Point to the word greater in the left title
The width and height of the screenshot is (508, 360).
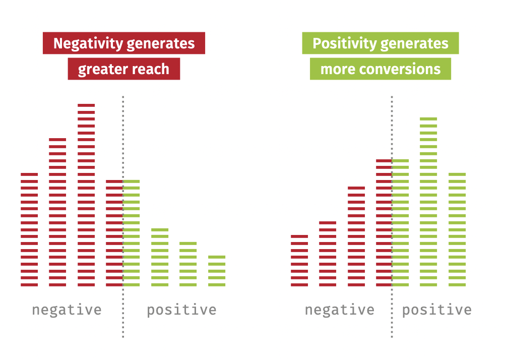pos(102,69)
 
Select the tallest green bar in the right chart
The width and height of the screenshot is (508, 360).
pos(428,202)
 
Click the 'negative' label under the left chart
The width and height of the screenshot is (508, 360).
pos(67,310)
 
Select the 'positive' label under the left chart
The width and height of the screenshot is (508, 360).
pos(181,310)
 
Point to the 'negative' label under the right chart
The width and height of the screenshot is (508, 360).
pos(339,310)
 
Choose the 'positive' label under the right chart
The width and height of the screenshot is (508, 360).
pos(436,310)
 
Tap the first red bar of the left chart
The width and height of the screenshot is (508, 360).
pos(29,229)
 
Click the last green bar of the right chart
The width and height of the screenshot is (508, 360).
pos(457,229)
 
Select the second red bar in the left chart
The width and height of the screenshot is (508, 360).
pos(57,212)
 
